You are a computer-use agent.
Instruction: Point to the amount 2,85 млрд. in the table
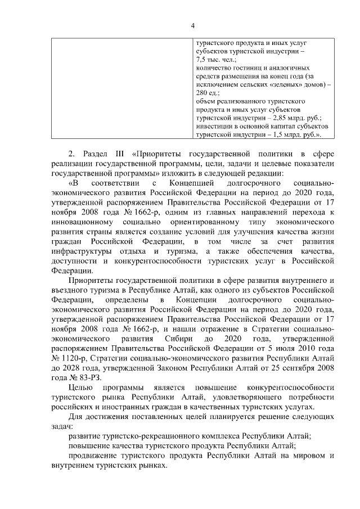point(287,118)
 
